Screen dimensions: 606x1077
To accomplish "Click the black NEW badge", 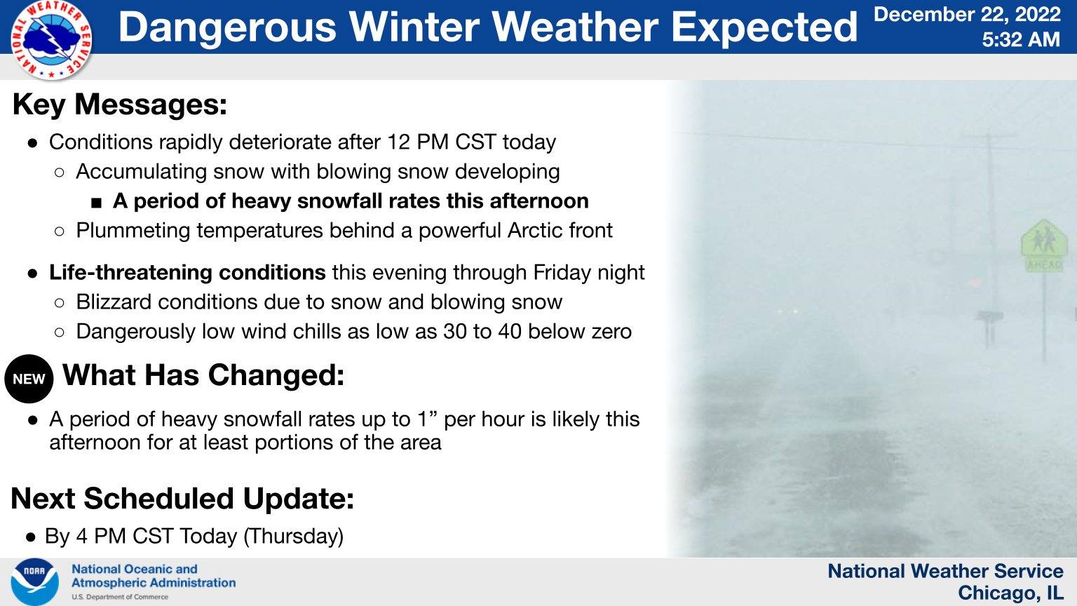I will (x=29, y=379).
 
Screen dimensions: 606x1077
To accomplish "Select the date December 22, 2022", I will (x=967, y=15).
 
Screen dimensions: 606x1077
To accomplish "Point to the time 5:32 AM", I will (x=1020, y=39).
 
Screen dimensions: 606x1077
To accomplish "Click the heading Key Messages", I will (x=120, y=105).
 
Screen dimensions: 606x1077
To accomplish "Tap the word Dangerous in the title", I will (x=227, y=27).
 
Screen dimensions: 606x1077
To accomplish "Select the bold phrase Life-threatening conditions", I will (x=187, y=272).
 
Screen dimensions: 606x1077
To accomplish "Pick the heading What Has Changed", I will (x=203, y=375).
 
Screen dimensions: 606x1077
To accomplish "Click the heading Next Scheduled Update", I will (x=182, y=499).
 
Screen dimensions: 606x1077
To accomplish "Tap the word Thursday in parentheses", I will (x=293, y=536).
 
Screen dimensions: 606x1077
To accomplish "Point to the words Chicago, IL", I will (x=1010, y=593).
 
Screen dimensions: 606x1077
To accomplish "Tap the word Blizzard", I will (x=114, y=302).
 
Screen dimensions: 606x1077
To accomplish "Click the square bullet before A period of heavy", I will (x=97, y=203).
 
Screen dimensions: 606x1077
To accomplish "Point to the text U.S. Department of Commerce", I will (x=120, y=597).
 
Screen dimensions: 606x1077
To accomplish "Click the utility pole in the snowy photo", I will (x=990, y=210).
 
